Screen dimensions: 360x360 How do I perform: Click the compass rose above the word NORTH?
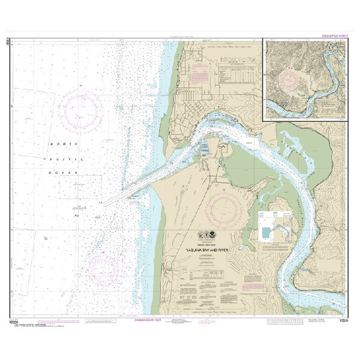point(85,108)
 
